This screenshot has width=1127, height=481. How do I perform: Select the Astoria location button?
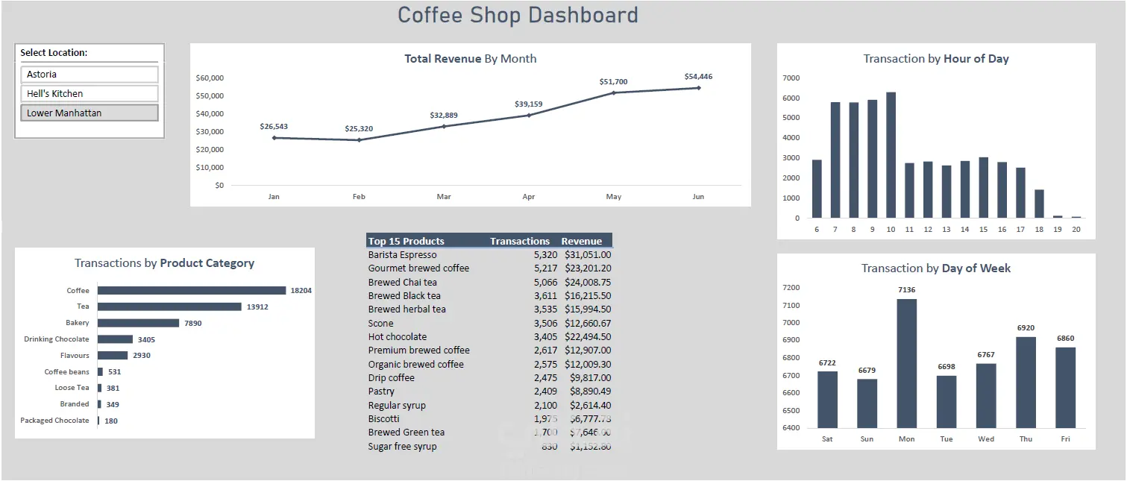pyautogui.click(x=90, y=75)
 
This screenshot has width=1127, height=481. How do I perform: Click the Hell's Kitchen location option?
pyautogui.click(x=90, y=94)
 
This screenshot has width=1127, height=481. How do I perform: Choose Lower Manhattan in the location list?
pyautogui.click(x=90, y=113)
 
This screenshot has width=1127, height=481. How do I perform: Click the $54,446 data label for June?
pyautogui.click(x=698, y=77)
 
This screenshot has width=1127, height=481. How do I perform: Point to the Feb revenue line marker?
pyautogui.click(x=359, y=140)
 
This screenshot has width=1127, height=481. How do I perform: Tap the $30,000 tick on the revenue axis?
pyautogui.click(x=210, y=131)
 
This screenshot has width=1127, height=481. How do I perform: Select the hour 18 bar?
pyautogui.click(x=1039, y=204)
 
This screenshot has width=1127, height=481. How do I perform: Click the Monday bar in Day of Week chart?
pyautogui.click(x=906, y=363)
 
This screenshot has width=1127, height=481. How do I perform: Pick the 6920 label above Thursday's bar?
pyautogui.click(x=1026, y=328)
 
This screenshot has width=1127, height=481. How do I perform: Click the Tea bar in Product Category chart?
pyautogui.click(x=169, y=306)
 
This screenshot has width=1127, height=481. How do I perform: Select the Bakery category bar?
pyautogui.click(x=138, y=323)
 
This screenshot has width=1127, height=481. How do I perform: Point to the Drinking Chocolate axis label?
pyautogui.click(x=57, y=339)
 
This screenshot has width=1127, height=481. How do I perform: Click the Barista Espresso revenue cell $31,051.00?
pyautogui.click(x=588, y=255)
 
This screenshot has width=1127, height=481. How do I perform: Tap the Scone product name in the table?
pyautogui.click(x=380, y=324)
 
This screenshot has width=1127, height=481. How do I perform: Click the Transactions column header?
pyautogui.click(x=520, y=241)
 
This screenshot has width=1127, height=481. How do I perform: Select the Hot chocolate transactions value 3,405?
pyautogui.click(x=545, y=337)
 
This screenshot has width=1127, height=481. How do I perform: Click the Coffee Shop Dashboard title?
pyautogui.click(x=518, y=15)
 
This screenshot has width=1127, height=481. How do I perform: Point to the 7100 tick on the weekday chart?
pyautogui.click(x=790, y=305)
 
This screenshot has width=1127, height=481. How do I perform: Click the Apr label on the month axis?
pyautogui.click(x=529, y=197)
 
